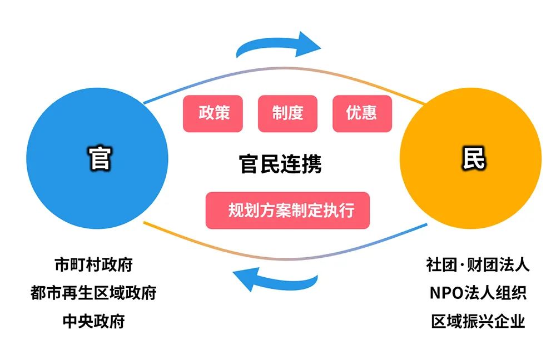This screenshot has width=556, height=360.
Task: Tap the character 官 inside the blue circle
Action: click(x=100, y=159)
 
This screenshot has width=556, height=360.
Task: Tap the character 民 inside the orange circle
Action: click(x=473, y=159)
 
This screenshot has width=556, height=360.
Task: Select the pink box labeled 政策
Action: click(x=213, y=113)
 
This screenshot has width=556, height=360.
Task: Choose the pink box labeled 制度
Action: click(x=287, y=113)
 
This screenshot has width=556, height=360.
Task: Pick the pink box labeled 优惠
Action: click(x=362, y=113)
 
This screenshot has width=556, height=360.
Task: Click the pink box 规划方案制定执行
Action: click(x=287, y=211)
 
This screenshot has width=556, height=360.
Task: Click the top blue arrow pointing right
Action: click(x=278, y=45)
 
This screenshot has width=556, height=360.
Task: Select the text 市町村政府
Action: click(x=94, y=264)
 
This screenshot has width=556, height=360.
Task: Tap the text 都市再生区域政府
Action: click(x=93, y=293)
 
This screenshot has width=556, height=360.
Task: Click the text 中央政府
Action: click(x=93, y=321)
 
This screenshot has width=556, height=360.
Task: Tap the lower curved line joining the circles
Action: click(x=284, y=253)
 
